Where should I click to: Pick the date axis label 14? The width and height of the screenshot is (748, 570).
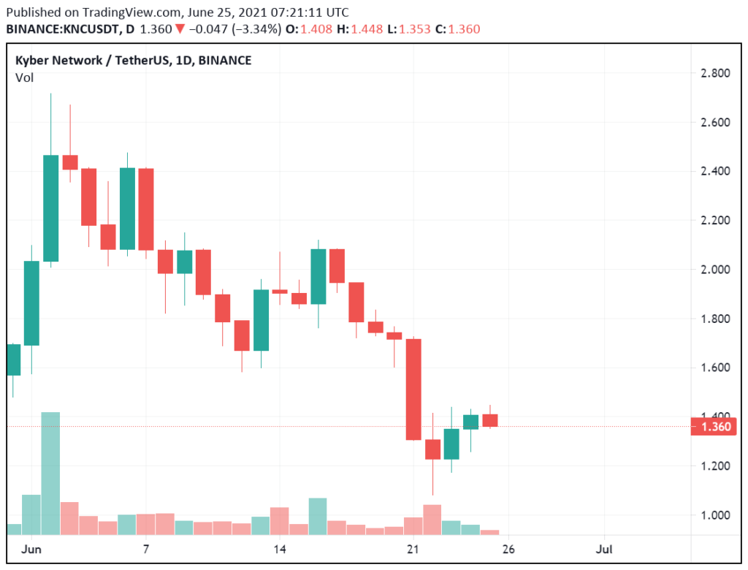280,548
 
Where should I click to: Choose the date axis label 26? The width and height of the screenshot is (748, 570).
509,548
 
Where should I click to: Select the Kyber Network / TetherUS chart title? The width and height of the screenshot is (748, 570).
133,61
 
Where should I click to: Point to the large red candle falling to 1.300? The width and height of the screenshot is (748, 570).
413,389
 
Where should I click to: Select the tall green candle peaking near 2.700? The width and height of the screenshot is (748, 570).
50,208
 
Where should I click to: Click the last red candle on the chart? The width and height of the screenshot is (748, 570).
489,420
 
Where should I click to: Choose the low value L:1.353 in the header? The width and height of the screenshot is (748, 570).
417,29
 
